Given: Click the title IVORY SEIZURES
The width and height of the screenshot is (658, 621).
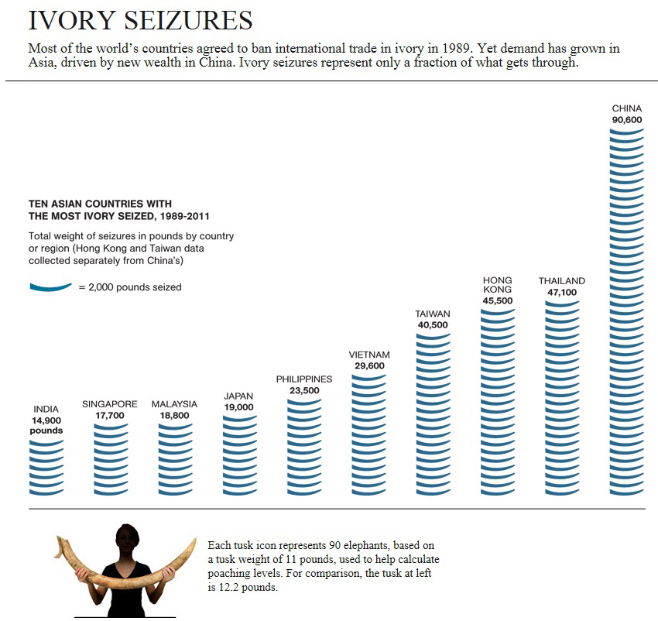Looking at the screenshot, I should tap(140, 20).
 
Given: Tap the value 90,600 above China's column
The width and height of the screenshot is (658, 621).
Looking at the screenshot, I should tap(626, 120).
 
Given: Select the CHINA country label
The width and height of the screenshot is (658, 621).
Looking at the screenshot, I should tap(626, 108).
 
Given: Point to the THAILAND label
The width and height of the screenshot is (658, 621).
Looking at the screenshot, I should tap(561, 280).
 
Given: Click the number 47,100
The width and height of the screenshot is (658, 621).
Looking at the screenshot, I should tap(562, 293).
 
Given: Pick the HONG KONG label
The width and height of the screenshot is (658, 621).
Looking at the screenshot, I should tap(497, 284).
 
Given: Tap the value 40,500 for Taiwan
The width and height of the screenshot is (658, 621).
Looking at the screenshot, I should tap(433, 325).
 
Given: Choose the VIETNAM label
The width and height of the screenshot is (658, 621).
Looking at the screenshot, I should tap(368, 354).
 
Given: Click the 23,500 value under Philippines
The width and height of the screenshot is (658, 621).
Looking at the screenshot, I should tap(304, 391).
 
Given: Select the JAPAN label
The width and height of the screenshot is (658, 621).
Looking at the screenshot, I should tap(238, 396).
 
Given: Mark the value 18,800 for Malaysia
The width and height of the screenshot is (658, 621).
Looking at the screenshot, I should tap(174, 416).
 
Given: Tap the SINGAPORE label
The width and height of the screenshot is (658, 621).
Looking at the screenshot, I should tap(110, 404).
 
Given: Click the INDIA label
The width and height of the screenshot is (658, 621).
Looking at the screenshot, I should tap(46, 409).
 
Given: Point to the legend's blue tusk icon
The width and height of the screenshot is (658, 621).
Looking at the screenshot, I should tap(50, 286).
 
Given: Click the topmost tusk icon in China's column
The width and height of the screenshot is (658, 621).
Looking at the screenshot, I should tap(626, 132).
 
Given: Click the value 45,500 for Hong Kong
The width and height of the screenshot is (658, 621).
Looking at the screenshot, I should tap(497, 300).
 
